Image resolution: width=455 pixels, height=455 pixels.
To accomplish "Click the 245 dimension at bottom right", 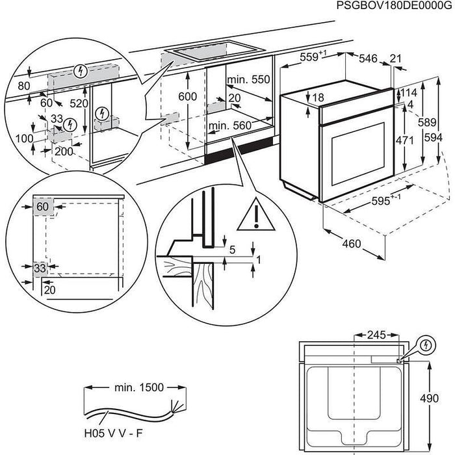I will [x=375, y=335].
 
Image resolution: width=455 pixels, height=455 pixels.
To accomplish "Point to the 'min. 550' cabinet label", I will [x=248, y=80].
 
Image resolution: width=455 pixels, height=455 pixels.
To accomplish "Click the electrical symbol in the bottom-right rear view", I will [x=426, y=344].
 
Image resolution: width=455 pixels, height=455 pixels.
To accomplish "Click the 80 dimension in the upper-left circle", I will [x=24, y=84].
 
